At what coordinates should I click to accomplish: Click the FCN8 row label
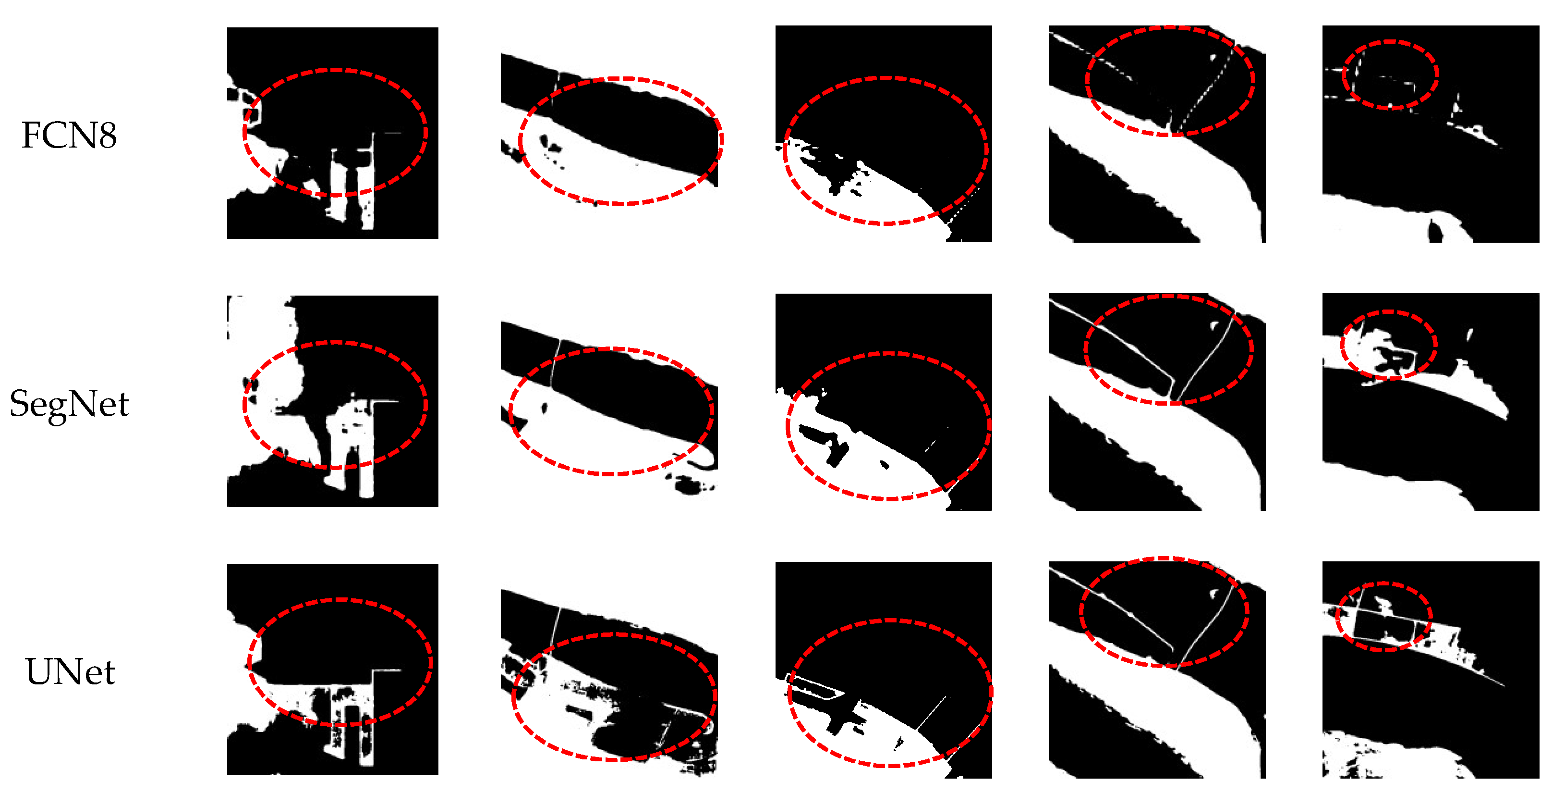69,135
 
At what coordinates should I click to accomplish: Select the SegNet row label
69,404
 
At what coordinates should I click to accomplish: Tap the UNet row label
70,672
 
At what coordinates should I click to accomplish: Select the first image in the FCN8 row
332,133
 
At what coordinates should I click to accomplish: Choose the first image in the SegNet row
332,401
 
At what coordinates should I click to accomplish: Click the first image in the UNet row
332,669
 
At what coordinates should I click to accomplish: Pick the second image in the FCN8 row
609,133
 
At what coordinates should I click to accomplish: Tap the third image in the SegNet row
884,402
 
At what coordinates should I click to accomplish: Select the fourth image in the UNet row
1157,670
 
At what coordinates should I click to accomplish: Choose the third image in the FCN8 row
884,134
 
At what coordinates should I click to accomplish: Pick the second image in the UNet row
609,682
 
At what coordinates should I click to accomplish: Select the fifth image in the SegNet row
1431,402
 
